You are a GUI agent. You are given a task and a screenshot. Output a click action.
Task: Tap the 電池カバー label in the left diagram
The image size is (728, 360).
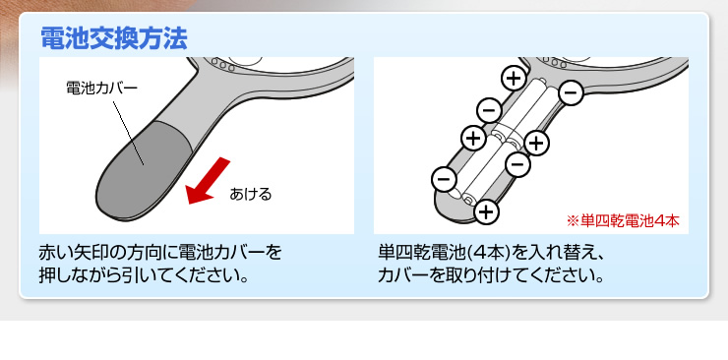click(x=101, y=88)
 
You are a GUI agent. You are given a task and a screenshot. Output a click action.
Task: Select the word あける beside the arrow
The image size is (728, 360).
click(x=250, y=194)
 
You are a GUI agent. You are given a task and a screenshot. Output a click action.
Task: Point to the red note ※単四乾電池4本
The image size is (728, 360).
click(x=622, y=220)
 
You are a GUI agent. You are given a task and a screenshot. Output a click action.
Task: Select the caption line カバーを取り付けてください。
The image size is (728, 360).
click(x=491, y=273)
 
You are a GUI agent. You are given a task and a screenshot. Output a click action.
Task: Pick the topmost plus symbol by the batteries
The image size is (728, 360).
click(x=513, y=78)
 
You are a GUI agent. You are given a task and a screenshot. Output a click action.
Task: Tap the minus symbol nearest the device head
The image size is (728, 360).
click(x=571, y=93)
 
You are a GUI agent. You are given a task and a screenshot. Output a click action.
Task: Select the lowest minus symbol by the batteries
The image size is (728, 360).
click(x=444, y=179)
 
